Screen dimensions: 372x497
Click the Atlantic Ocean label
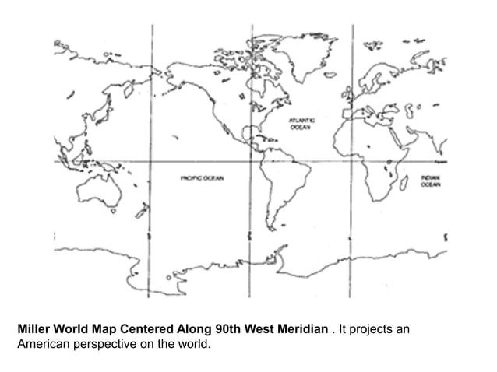pyautogui.click(x=301, y=124)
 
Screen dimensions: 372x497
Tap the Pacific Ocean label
pyautogui.click(x=202, y=178)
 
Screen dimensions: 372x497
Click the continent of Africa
pyautogui.click(x=374, y=156)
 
